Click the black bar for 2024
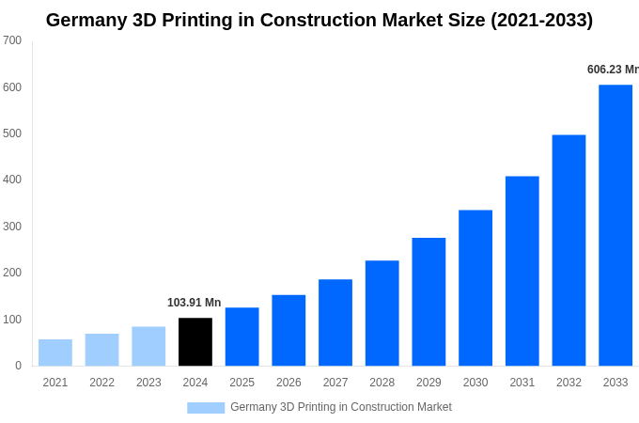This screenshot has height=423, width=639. (x=195, y=342)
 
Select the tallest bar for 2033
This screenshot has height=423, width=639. (x=616, y=226)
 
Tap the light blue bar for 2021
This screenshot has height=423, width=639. (x=55, y=352)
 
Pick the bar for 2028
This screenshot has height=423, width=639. (x=382, y=313)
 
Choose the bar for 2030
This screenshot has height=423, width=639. (x=475, y=288)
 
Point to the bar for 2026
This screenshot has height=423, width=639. (x=288, y=330)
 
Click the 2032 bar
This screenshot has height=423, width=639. (x=569, y=250)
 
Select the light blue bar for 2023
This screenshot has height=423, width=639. (x=148, y=346)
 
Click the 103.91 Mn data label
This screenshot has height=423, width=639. (x=194, y=303)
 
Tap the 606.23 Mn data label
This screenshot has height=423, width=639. (x=612, y=70)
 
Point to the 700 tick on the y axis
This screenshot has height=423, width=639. (x=12, y=40)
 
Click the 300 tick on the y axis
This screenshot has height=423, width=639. (x=12, y=227)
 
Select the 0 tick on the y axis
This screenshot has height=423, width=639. (x=18, y=366)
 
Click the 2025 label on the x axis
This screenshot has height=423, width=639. (x=242, y=383)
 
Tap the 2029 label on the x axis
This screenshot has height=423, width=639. (x=429, y=383)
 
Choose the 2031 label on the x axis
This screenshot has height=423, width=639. (x=522, y=383)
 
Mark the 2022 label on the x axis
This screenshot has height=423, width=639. (x=101, y=383)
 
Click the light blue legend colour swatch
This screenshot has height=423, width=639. (x=206, y=408)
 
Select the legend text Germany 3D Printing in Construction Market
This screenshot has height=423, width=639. (x=341, y=407)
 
